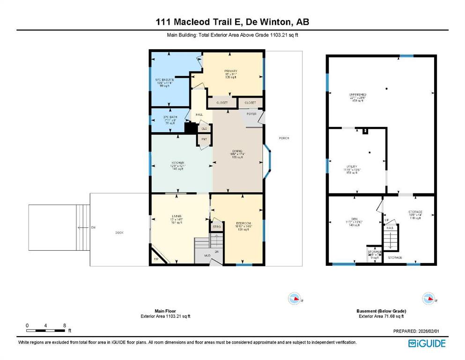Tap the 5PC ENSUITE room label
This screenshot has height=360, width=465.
click(x=165, y=80)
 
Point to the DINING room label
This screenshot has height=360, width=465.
click(x=237, y=151)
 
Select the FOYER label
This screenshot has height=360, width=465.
click(x=251, y=114)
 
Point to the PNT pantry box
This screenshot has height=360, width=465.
click(x=204, y=139)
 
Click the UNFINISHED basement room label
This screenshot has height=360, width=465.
click(x=358, y=95)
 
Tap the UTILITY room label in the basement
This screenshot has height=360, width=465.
click(x=352, y=166)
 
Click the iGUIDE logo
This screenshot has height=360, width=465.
click(x=427, y=344)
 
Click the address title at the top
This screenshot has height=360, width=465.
click(x=232, y=22)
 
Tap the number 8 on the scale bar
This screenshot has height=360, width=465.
click(x=64, y=325)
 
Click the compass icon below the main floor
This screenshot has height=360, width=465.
click(x=295, y=298)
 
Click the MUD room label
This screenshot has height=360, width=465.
click(x=207, y=255)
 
